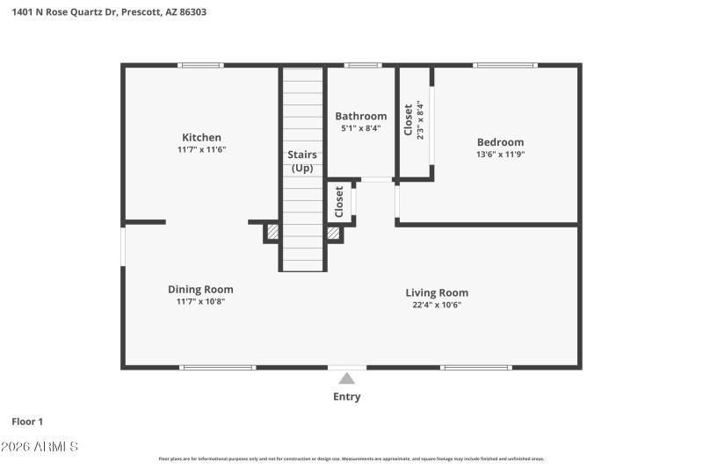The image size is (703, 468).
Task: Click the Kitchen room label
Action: click(201, 137)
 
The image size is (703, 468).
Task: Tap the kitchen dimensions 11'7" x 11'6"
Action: click(201, 150)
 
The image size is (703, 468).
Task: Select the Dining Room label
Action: click(200, 289)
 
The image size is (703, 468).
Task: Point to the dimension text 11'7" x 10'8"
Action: click(200, 302)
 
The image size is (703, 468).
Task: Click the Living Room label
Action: click(437, 292)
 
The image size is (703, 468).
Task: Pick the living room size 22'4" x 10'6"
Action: click(437, 305)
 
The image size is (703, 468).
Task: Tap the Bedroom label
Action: click(500, 142)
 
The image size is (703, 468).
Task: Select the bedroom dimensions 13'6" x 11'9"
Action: click(500, 155)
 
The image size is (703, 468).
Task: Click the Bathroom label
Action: click(361, 116)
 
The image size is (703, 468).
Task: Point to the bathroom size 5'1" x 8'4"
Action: click(361, 128)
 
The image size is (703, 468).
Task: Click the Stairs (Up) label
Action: click(302, 161)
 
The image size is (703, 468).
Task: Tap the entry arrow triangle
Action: click(347, 378)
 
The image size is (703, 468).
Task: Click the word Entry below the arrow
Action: click(347, 397)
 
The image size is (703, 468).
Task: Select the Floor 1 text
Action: click(27, 421)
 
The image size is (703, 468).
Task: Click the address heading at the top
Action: click(110, 12)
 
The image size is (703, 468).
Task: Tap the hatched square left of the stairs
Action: click(273, 233)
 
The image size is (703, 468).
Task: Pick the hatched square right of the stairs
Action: click(334, 233)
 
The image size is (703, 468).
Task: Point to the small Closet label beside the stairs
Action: click(339, 203)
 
